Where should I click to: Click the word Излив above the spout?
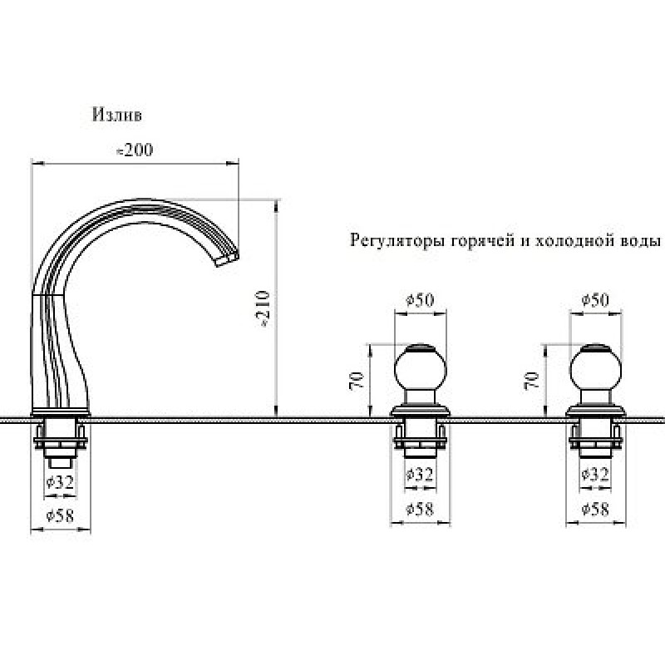click(117, 115)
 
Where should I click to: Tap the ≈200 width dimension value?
click(135, 150)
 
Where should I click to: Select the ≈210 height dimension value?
click(264, 309)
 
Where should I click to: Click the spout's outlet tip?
click(228, 259)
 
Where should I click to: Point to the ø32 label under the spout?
click(60, 481)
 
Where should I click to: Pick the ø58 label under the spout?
click(60, 515)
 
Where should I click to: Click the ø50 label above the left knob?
click(420, 300)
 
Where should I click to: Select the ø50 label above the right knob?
click(595, 300)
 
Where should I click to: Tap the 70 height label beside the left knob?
click(357, 380)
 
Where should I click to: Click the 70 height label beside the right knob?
click(532, 380)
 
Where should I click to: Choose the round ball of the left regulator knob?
click(421, 367)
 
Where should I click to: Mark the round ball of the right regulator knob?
click(595, 367)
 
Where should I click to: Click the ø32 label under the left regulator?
click(420, 474)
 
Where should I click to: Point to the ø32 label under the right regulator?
click(595, 474)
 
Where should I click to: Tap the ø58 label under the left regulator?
click(420, 509)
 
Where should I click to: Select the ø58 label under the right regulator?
click(595, 509)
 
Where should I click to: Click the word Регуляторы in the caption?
click(398, 241)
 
